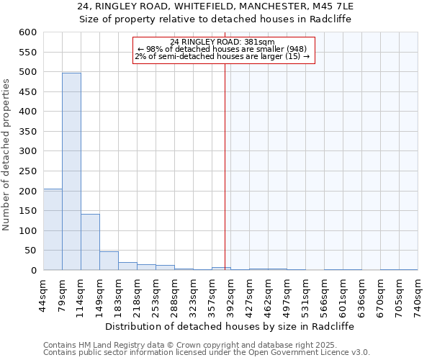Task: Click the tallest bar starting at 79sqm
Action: [x=71, y=171]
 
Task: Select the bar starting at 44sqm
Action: [x=53, y=229]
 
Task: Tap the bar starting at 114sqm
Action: [x=90, y=242]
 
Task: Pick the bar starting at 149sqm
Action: [x=109, y=261]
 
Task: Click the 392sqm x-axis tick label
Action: [x=230, y=293]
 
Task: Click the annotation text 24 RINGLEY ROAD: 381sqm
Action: [x=223, y=42]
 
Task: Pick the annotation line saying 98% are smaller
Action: [x=223, y=49]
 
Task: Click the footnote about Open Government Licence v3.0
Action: [x=207, y=353]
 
